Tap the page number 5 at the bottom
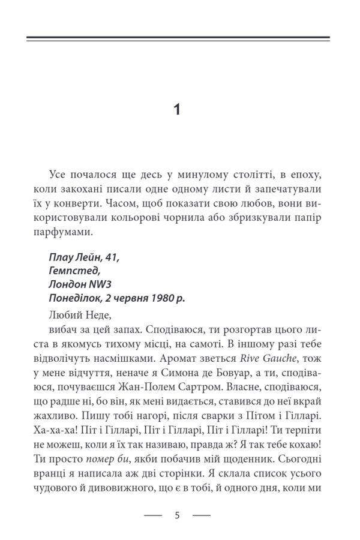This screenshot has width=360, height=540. pyautogui.click(x=177, y=515)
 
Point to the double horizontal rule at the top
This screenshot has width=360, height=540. pyautogui.click(x=179, y=39)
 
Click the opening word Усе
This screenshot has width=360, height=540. pyautogui.click(x=59, y=175)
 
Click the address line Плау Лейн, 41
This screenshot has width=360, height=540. pyautogui.click(x=84, y=257)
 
